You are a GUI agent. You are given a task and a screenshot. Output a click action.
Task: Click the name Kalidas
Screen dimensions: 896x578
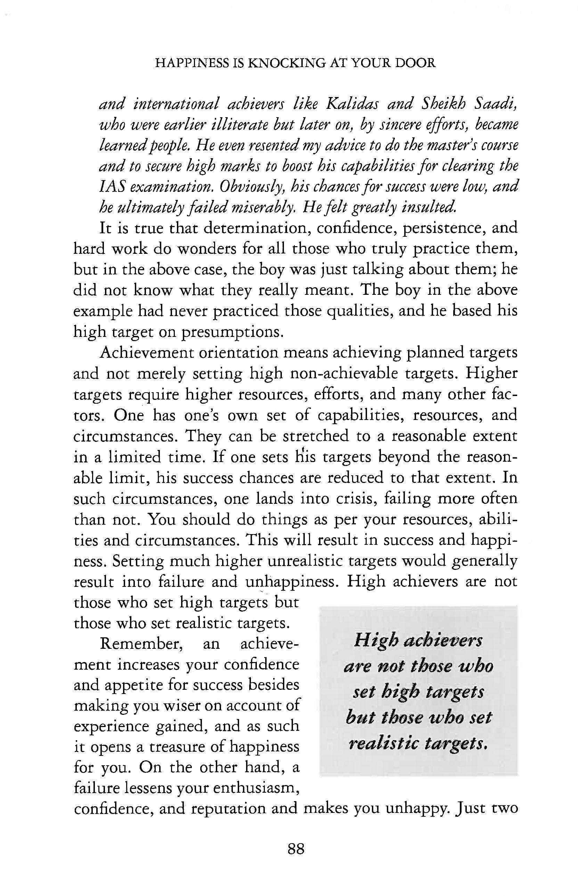click(352, 104)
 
